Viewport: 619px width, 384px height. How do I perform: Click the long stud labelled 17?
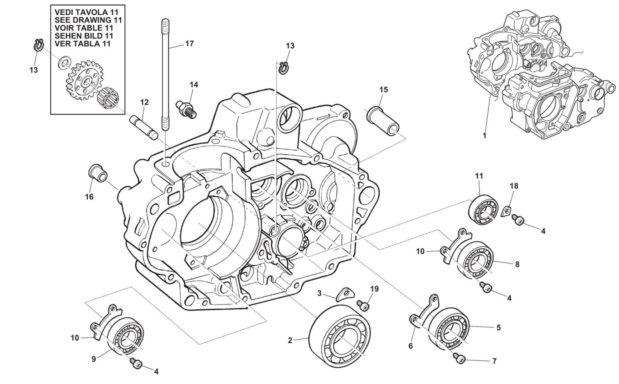[x=165, y=75]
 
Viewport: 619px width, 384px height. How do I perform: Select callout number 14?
[x=194, y=85]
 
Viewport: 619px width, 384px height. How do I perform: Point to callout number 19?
[x=374, y=289]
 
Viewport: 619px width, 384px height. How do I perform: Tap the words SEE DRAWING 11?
[x=88, y=20]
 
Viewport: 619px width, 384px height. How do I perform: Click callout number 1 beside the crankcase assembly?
[x=484, y=135]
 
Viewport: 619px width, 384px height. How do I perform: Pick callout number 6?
[x=411, y=346]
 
